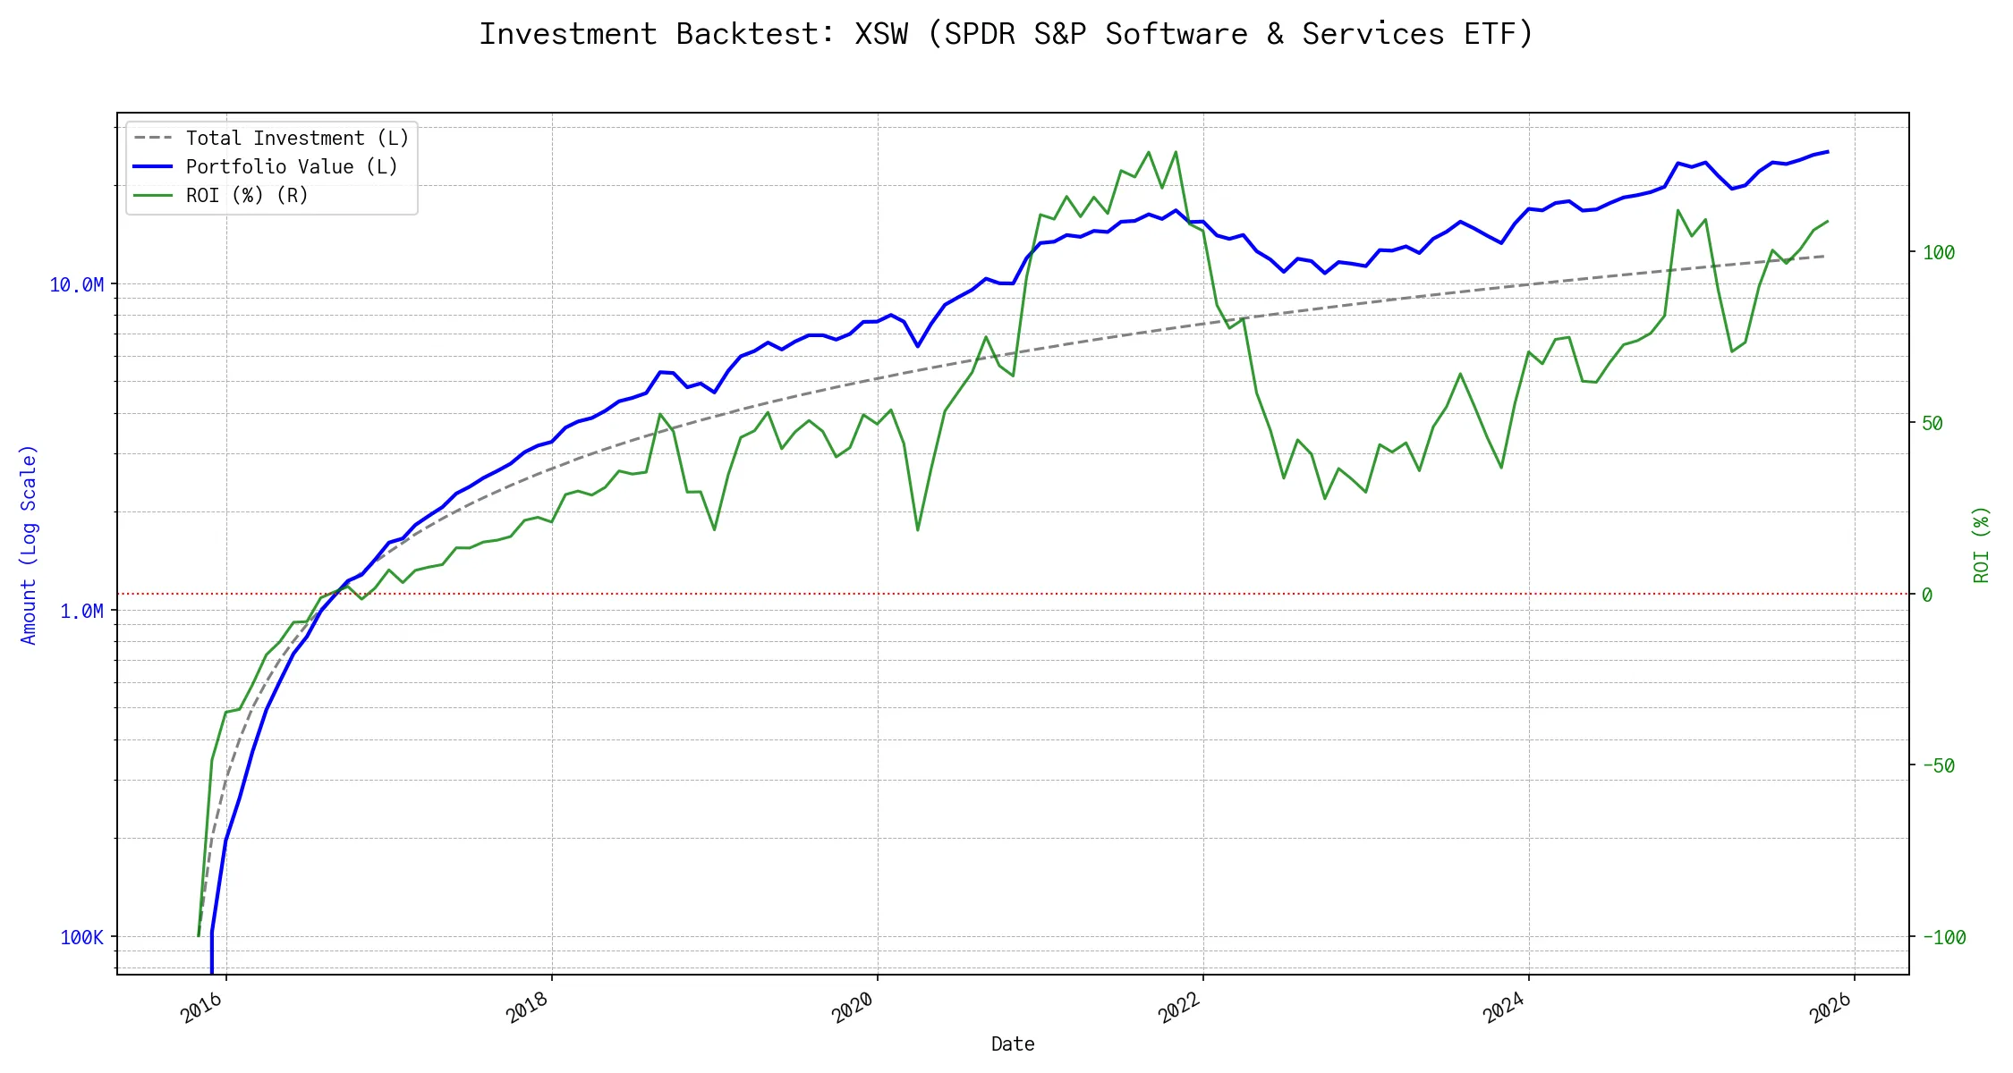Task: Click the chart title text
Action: (1006, 34)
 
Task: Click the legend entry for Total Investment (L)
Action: (296, 139)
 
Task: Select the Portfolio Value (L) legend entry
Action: (291, 167)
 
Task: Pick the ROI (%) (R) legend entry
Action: (246, 196)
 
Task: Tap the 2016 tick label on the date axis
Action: (202, 1008)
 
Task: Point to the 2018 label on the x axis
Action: (528, 1008)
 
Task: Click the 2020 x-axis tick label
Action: (854, 1008)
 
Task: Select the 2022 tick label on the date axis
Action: (1179, 1008)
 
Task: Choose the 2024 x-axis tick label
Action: (1505, 1008)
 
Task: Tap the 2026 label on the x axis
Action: (1830, 1008)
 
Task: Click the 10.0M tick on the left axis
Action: (77, 285)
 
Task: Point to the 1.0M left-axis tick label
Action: (81, 612)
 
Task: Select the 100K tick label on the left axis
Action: (81, 938)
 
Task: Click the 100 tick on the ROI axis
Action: (1939, 253)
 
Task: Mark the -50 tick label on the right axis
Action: (1939, 766)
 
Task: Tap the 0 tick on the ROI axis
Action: (1927, 596)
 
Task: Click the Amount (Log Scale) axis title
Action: (29, 545)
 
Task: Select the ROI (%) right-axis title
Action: (1981, 545)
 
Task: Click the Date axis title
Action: (1013, 1044)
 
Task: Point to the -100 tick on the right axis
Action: (1944, 938)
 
